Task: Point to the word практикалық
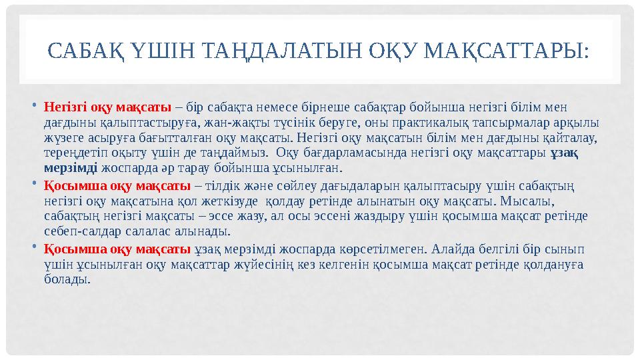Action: point(469,123)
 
